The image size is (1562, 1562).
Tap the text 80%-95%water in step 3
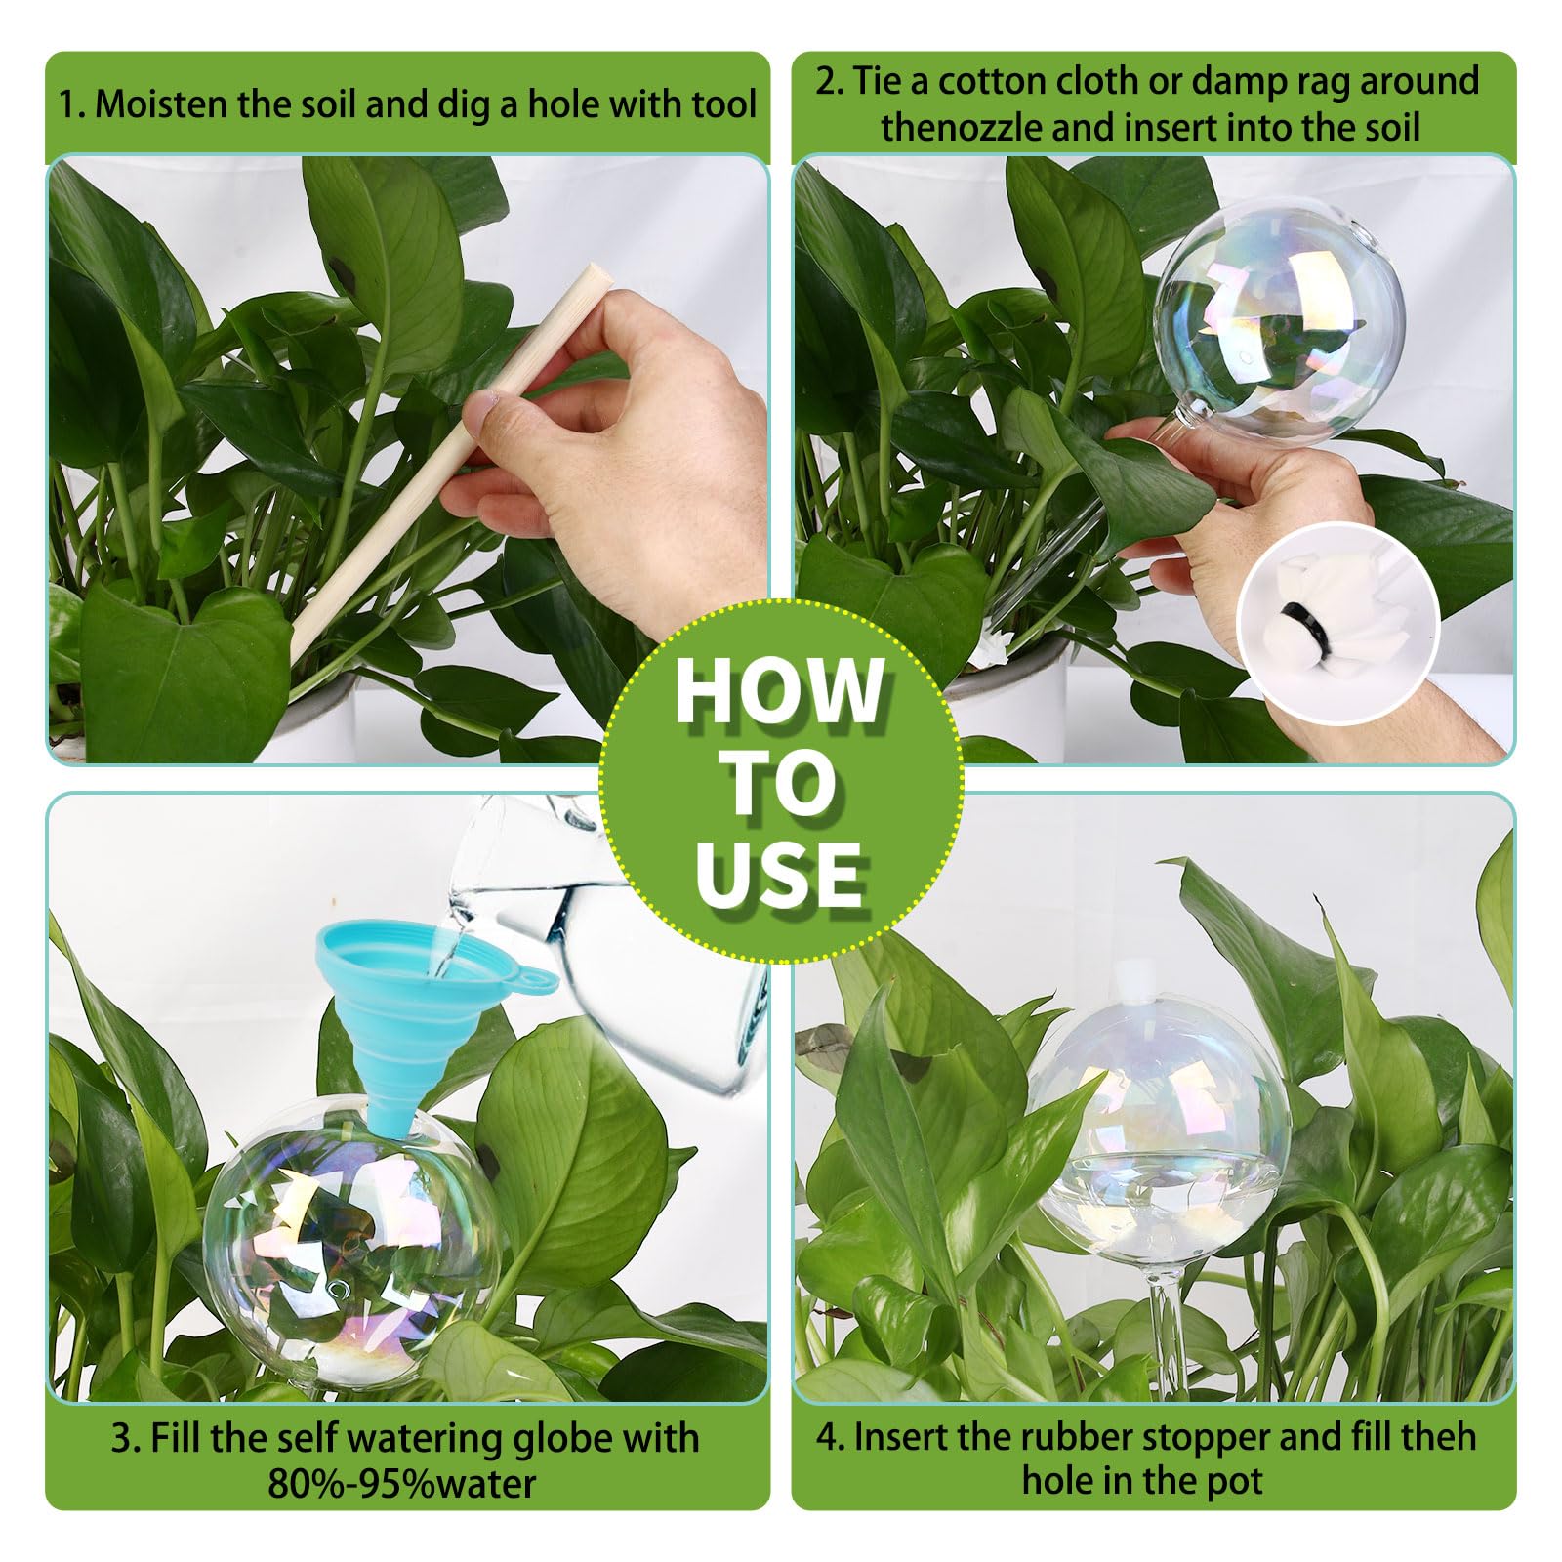[x=401, y=1483]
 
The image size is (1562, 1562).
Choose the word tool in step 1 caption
[x=724, y=103]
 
